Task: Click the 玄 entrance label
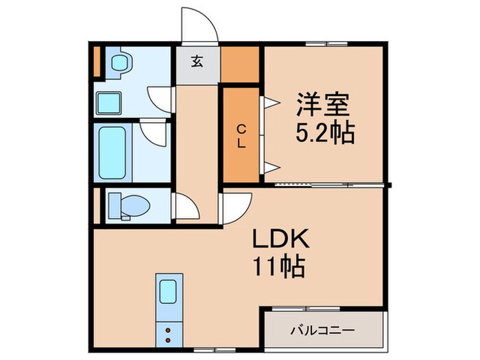click(197, 62)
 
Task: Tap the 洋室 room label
click(323, 106)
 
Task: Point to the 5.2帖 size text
click(324, 132)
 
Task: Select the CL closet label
click(241, 136)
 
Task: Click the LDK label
click(276, 239)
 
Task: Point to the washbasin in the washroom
click(121, 62)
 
